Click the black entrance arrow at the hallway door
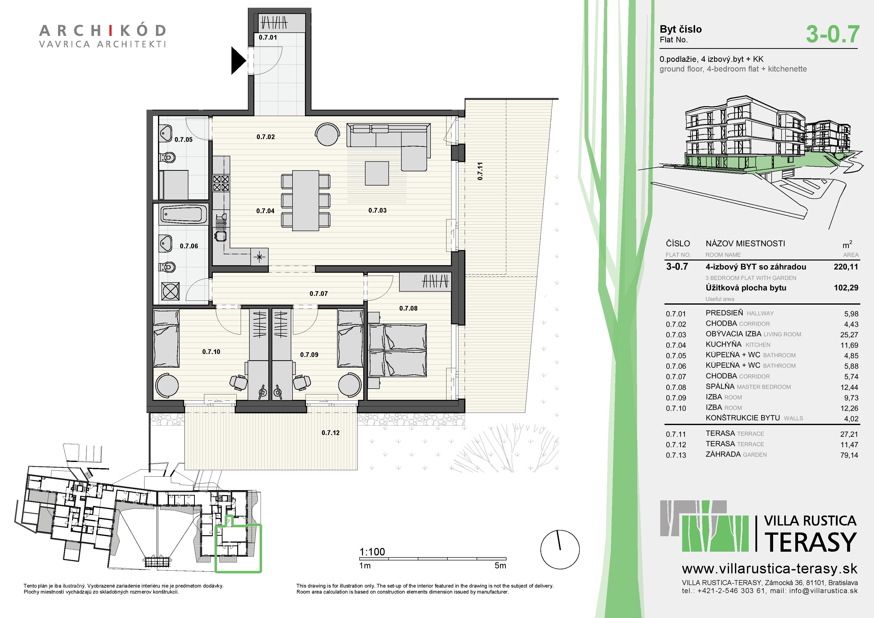[238, 60]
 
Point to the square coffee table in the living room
[377, 173]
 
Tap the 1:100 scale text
[372, 552]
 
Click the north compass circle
[560, 549]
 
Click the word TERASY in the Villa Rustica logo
[810, 542]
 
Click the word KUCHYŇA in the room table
[723, 344]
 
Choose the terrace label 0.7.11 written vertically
[480, 171]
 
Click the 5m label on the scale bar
[500, 566]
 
